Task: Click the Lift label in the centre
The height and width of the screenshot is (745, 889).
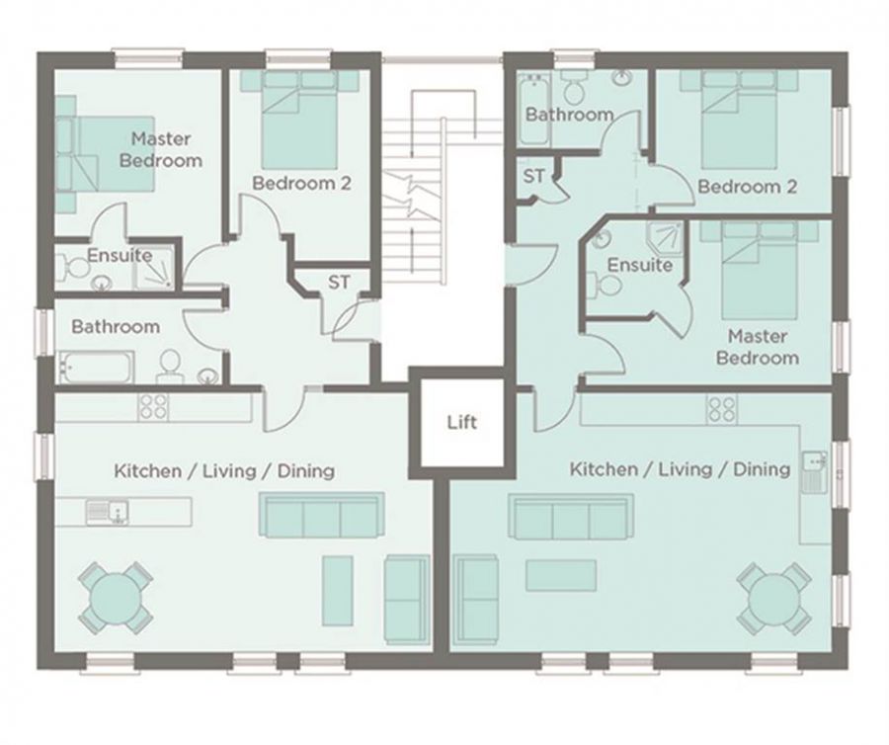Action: (461, 422)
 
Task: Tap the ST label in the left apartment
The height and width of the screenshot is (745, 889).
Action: (339, 282)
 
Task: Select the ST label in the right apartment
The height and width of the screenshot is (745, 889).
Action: (533, 176)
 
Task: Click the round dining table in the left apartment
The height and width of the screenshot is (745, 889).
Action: (116, 598)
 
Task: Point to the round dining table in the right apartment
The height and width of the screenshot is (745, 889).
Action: (773, 598)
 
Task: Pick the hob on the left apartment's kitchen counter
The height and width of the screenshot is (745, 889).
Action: (153, 407)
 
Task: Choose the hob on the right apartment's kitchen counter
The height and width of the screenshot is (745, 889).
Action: (721, 409)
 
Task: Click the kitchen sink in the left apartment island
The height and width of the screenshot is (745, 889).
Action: (107, 512)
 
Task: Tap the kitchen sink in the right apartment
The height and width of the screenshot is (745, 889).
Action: (815, 471)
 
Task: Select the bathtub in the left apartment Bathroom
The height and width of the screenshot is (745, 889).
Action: (97, 368)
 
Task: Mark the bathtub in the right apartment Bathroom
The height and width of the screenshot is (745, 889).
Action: (533, 108)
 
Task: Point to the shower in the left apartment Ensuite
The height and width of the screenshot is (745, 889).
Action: (153, 268)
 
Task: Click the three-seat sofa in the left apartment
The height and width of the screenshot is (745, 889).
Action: (321, 515)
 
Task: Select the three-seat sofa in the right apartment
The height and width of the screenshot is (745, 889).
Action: (571, 517)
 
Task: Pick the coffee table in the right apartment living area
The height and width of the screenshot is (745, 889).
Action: (561, 575)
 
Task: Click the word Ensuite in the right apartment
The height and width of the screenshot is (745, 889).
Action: (639, 265)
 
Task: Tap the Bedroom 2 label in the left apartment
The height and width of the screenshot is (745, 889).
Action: (301, 183)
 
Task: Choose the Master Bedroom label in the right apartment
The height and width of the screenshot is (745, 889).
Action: (758, 347)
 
